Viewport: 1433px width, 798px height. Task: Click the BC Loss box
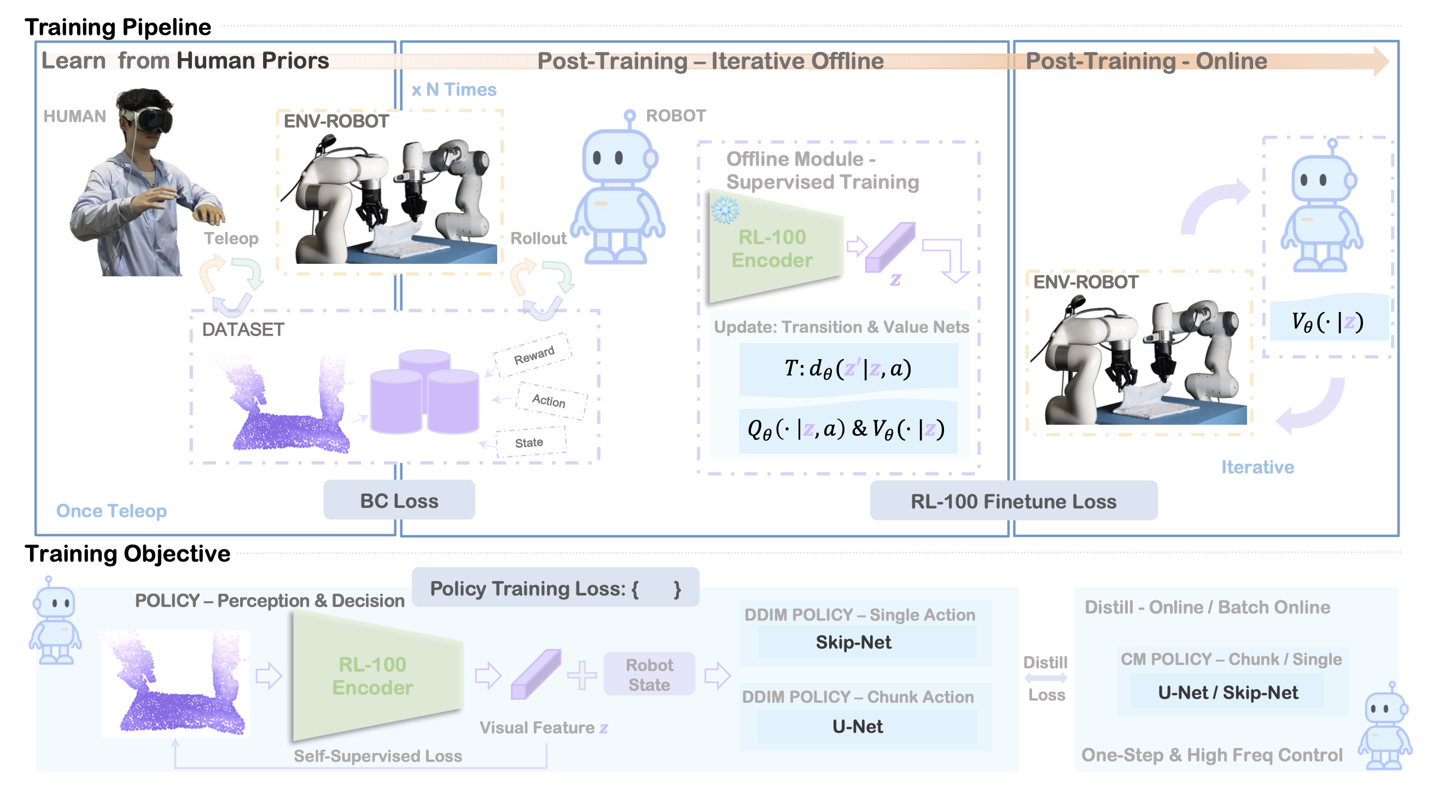[x=399, y=500]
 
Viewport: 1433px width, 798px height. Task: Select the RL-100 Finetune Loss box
[x=1013, y=501]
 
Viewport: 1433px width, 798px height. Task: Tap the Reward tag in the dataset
[x=533, y=355]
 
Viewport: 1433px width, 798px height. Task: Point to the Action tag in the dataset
[x=549, y=400]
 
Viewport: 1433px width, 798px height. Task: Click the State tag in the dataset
[x=529, y=442]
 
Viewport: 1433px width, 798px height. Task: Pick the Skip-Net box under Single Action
[x=853, y=642]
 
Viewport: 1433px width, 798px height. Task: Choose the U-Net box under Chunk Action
[x=857, y=726]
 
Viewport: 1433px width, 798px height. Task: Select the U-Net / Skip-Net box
[x=1228, y=692]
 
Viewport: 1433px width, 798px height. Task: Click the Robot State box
[x=649, y=674]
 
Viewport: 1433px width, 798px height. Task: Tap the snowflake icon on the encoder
[x=725, y=209]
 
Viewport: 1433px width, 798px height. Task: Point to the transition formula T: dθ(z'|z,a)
[x=848, y=368]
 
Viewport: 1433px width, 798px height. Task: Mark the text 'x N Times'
[x=454, y=90]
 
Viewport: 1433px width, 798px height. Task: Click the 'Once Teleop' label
[x=111, y=511]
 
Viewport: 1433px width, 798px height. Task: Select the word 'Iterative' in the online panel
[x=1257, y=467]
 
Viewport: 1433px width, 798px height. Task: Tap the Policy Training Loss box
[x=555, y=588]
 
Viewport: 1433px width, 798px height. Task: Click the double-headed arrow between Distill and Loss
[x=1046, y=678]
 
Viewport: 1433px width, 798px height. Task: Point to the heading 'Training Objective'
[x=127, y=554]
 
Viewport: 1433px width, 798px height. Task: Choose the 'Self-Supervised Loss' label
[x=378, y=756]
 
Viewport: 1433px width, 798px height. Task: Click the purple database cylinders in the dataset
[x=424, y=392]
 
